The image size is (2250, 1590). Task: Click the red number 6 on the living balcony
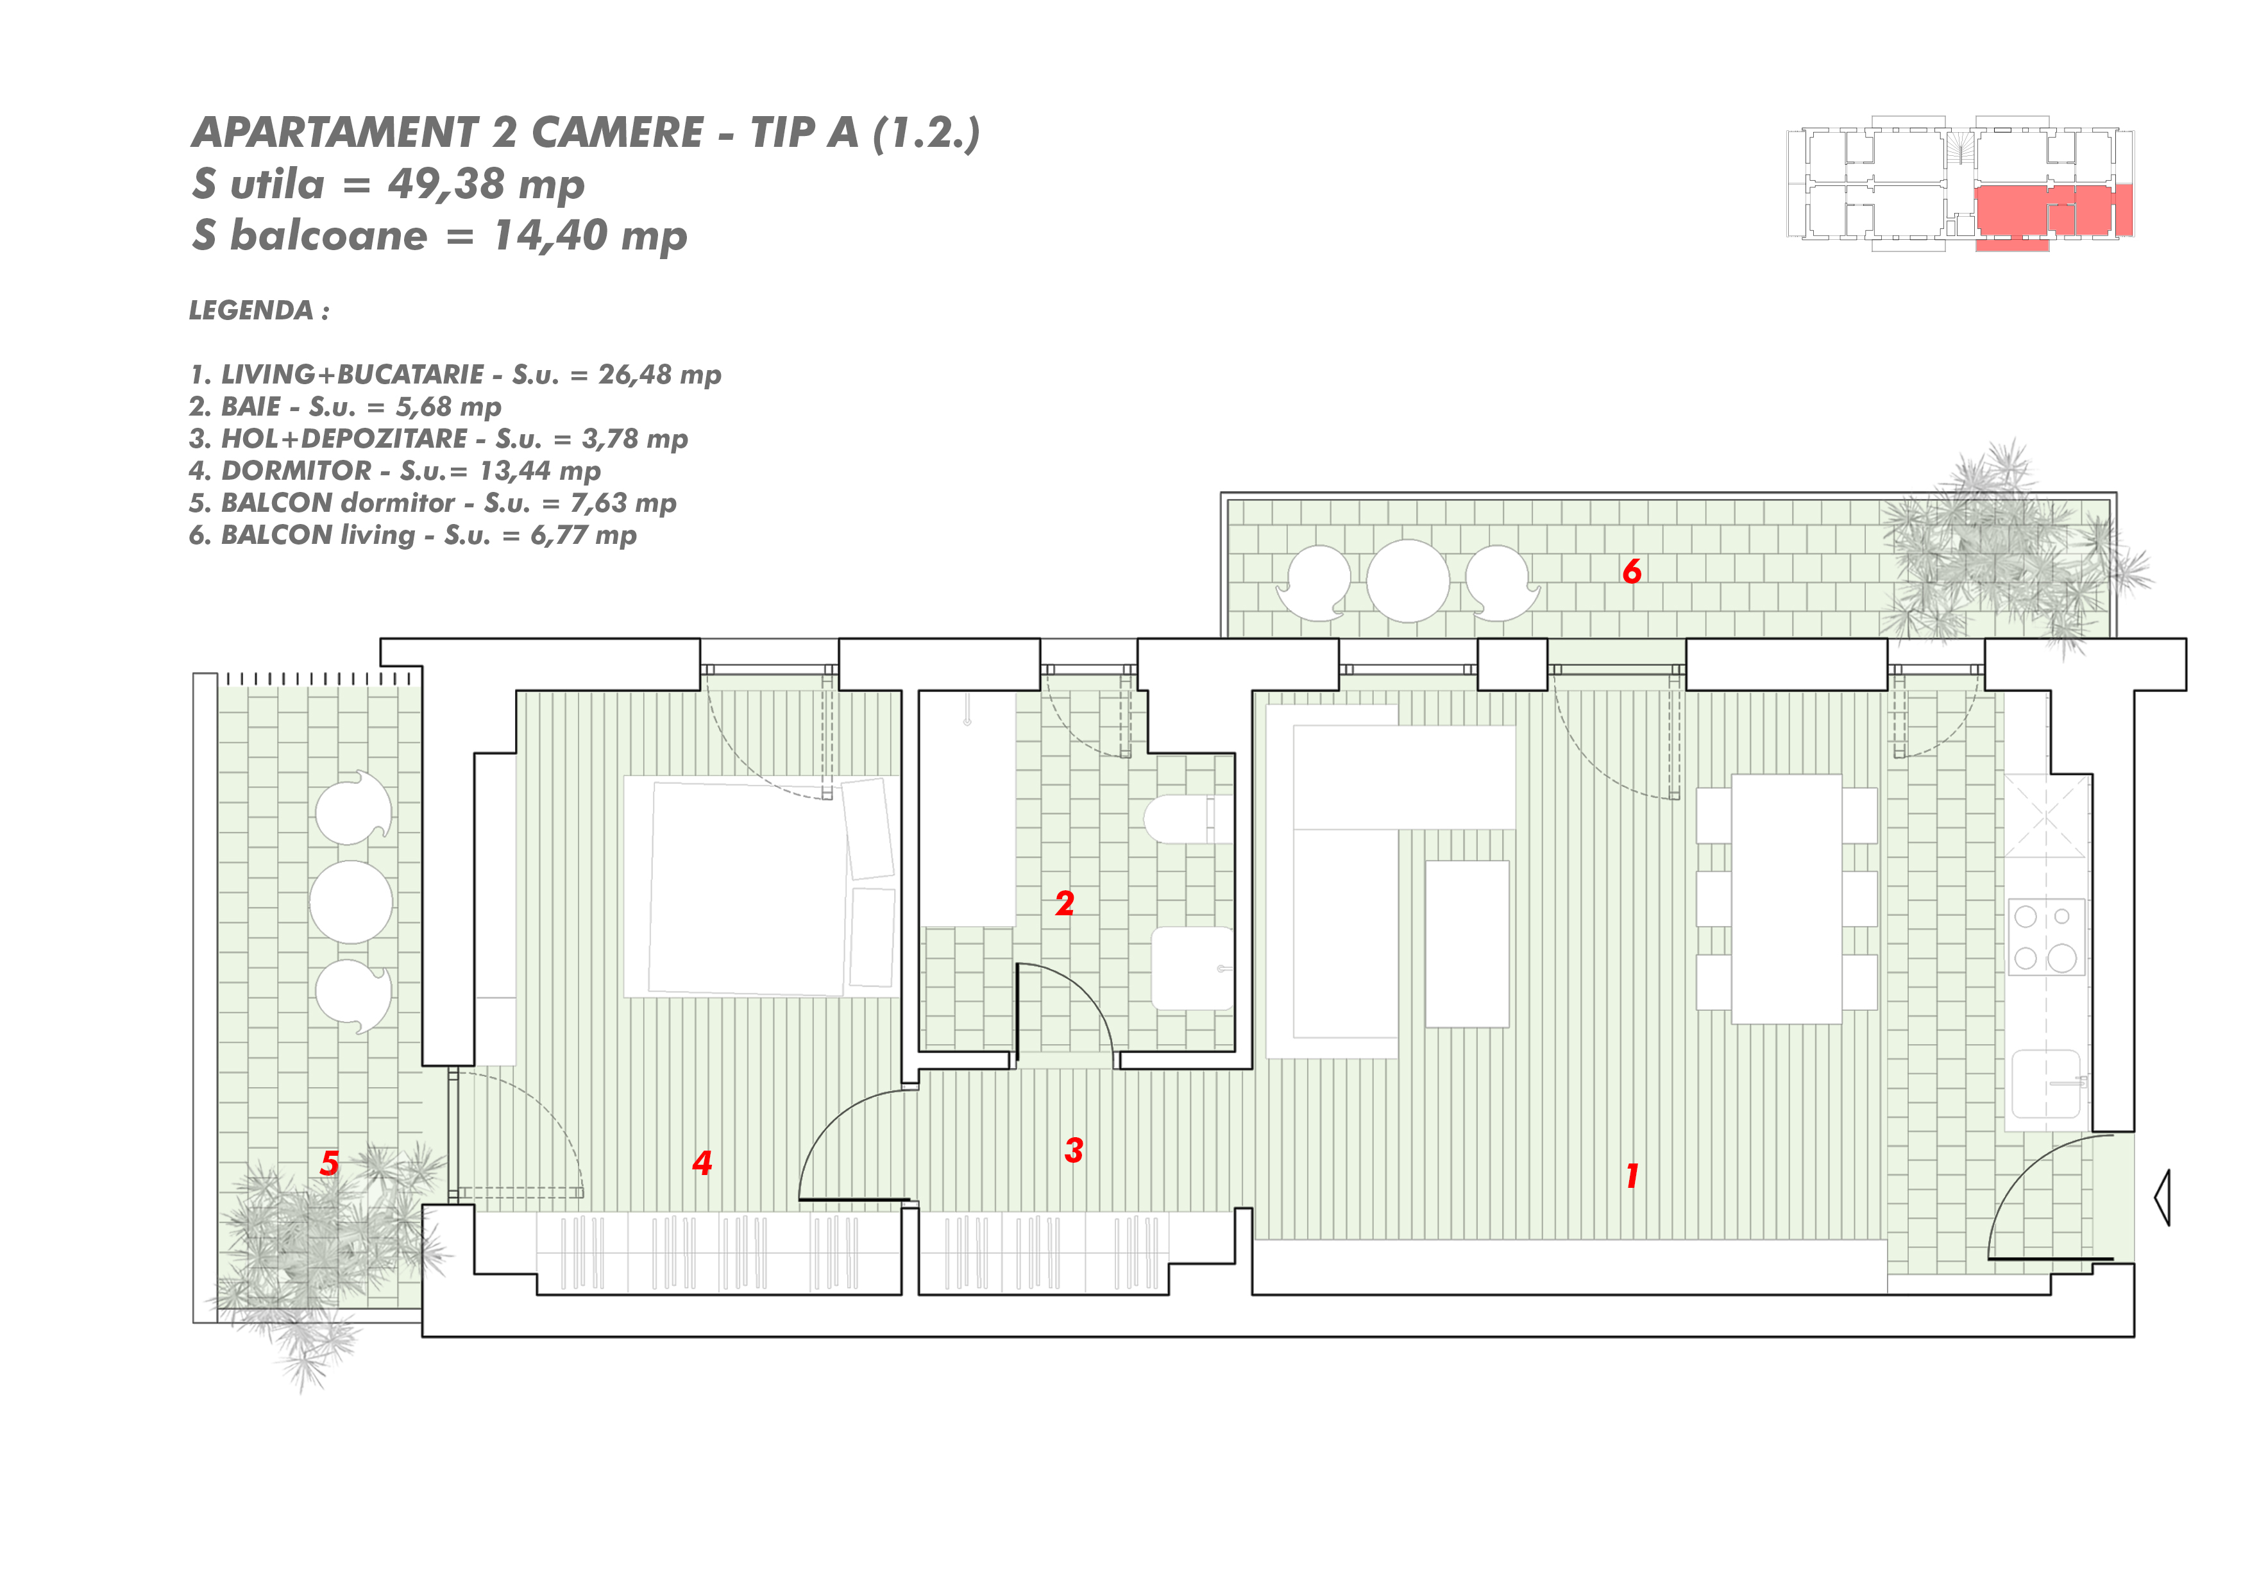point(1632,571)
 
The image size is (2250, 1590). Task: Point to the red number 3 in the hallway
point(1074,1150)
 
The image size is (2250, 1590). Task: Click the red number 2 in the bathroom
point(1065,903)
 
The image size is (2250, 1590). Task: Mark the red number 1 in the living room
point(1632,1176)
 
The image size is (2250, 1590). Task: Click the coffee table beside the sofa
point(1467,944)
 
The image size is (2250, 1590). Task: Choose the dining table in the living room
point(1786,899)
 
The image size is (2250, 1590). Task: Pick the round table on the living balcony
point(1408,581)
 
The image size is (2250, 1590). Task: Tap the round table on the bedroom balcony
point(351,902)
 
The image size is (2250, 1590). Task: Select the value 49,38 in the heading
point(446,183)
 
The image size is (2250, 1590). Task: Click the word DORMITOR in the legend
point(297,471)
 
